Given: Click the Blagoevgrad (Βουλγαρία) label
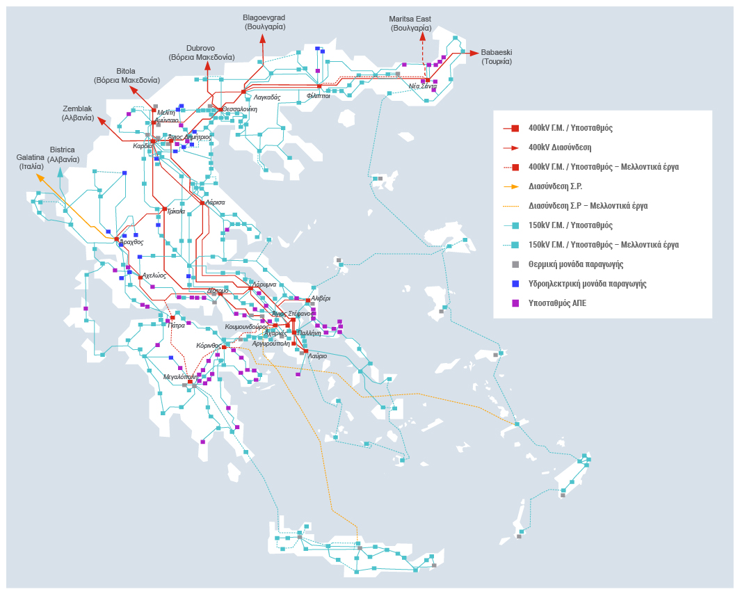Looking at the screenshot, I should tap(264, 22).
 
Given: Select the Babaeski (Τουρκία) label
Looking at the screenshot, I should tap(497, 56).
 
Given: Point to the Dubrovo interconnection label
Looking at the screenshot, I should tap(200, 52).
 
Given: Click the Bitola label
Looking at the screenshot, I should tap(127, 75).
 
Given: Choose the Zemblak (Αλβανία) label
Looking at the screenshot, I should tap(78, 113).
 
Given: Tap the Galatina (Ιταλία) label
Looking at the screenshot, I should tap(31, 161).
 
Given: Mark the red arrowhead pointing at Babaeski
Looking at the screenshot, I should tap(474, 53).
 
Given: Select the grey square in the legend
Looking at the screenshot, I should tap(515, 264).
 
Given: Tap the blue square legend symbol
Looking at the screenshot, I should tap(515, 284).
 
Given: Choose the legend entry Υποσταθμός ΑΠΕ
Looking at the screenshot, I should tap(558, 303).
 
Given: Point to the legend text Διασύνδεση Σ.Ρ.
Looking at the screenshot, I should tap(555, 186).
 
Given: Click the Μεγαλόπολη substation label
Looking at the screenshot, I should tap(179, 376).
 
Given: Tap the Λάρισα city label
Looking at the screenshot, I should tap(215, 202).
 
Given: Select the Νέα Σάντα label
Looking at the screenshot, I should tap(423, 86).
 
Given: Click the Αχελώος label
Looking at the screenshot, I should tap(154, 275).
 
